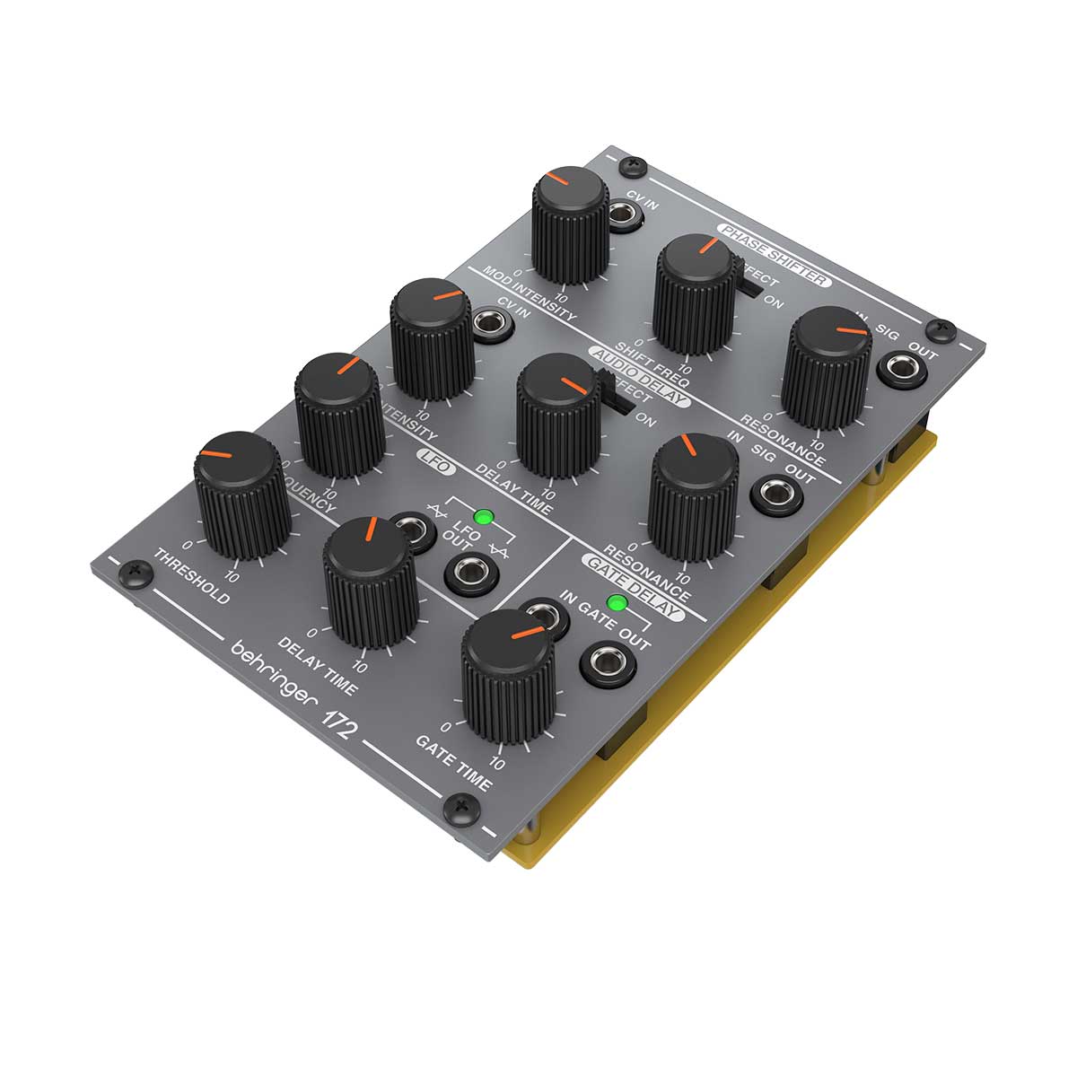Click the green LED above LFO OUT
pos(485,518)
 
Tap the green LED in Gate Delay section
pos(617,602)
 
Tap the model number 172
pos(338,719)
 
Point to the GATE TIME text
pos(453,764)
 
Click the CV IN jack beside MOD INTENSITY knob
pos(621,214)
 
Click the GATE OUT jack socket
pos(609,665)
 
